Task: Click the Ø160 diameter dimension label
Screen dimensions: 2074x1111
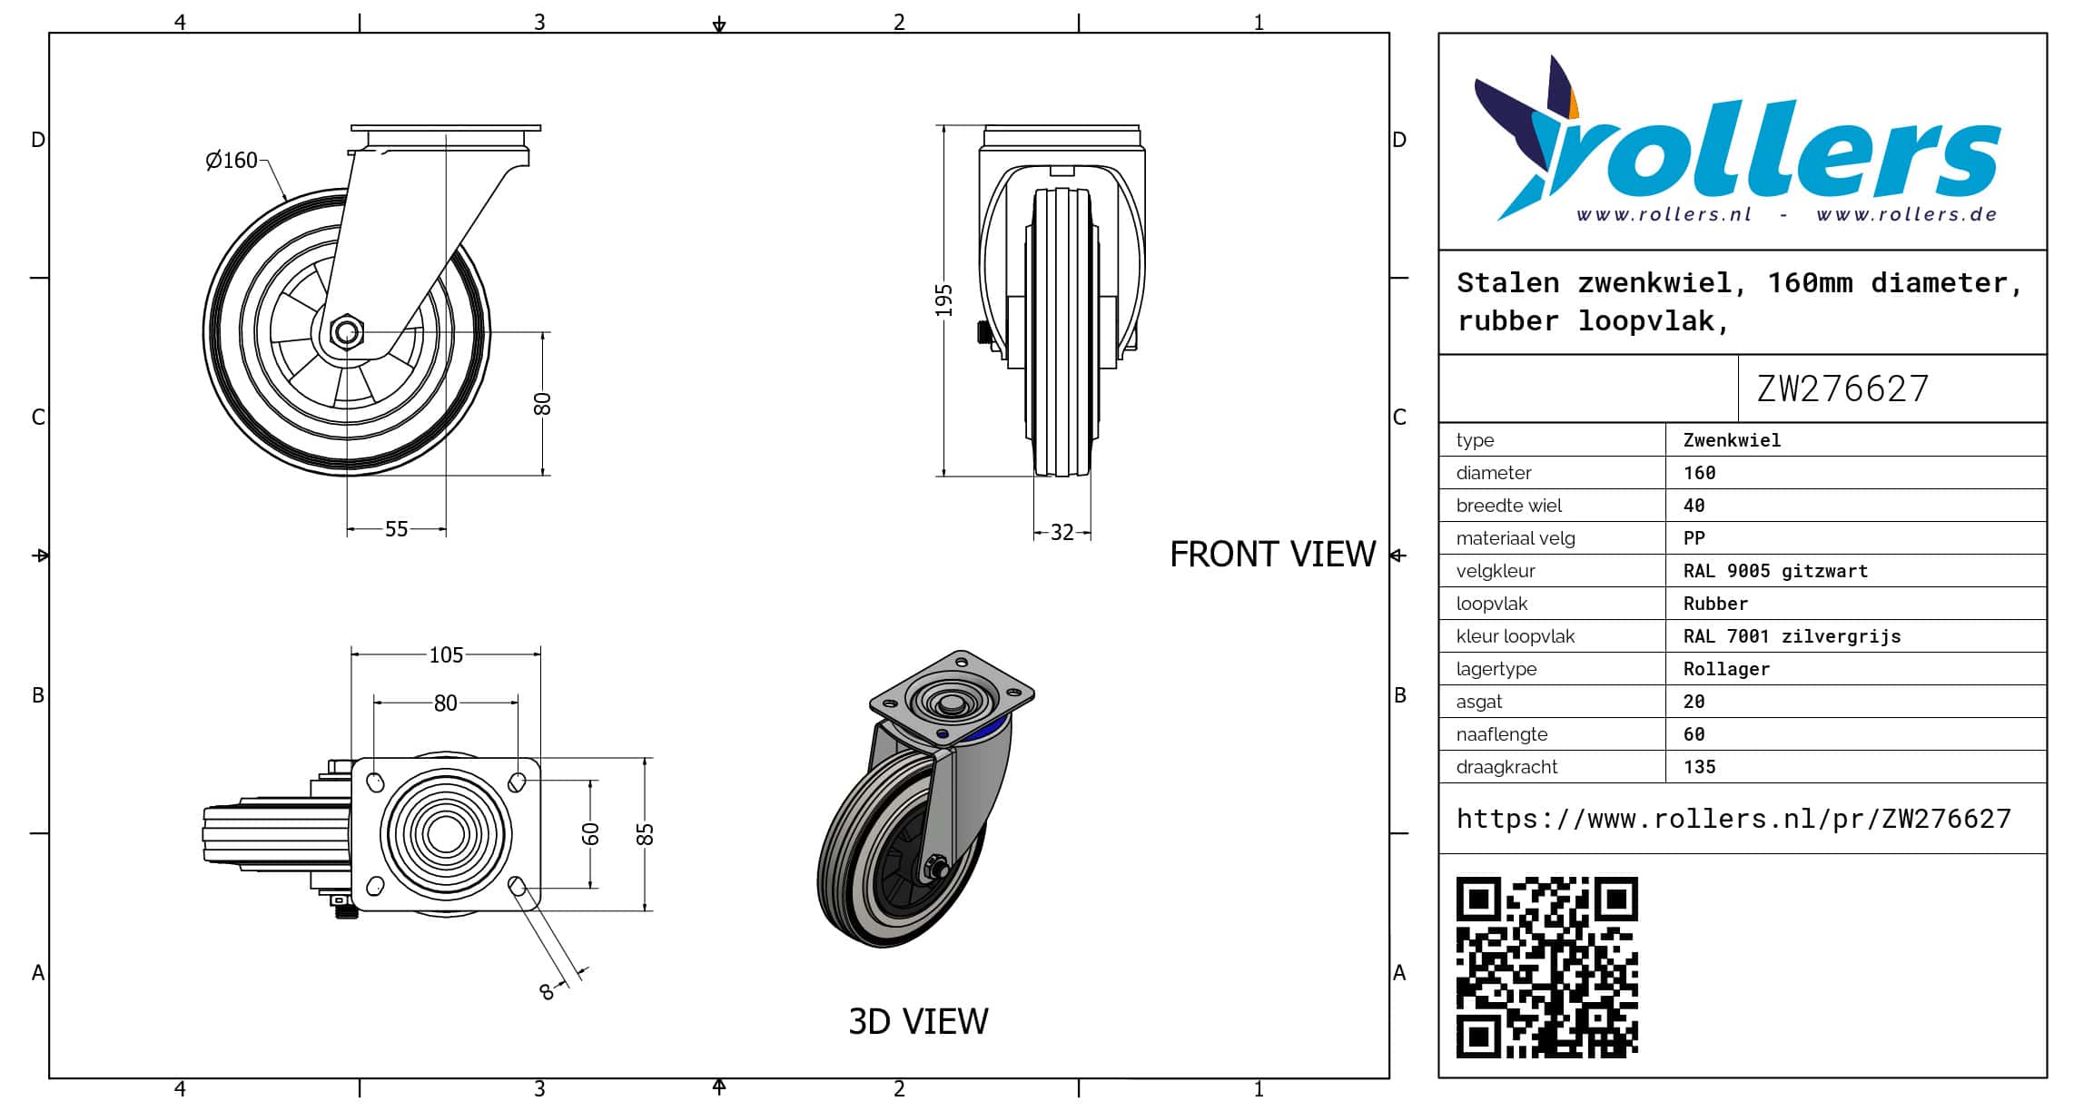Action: point(232,161)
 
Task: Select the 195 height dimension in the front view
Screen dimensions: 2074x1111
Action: point(944,300)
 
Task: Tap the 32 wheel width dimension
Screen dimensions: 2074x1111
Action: point(1062,533)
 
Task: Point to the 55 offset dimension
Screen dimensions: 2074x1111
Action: point(397,529)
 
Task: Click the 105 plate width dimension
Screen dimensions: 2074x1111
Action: point(446,655)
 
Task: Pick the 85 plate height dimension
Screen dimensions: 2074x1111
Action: point(645,834)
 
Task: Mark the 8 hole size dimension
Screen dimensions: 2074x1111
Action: point(547,992)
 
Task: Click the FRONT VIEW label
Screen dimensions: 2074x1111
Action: point(1272,555)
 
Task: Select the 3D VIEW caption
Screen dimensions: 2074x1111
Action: point(918,1022)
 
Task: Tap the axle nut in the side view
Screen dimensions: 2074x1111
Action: point(345,332)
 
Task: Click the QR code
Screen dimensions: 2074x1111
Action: point(1547,968)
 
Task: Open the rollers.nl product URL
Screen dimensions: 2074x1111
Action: point(1733,819)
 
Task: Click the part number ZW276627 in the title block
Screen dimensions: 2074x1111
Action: point(1842,388)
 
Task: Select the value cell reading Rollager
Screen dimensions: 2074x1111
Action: point(1726,669)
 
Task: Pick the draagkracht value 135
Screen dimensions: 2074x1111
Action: point(1699,767)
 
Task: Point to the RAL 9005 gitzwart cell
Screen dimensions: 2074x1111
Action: point(1775,571)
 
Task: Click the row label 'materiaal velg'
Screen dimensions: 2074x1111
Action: point(1516,538)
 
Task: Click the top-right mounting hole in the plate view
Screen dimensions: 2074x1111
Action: point(517,782)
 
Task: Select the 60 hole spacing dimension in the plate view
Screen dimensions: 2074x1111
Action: point(591,834)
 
